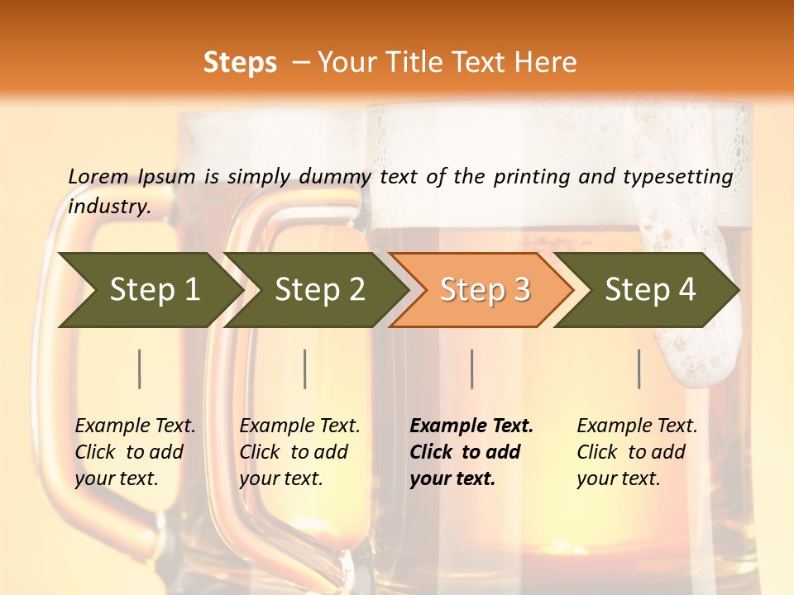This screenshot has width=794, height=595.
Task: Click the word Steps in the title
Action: [x=240, y=63]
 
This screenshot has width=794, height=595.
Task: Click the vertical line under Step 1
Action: [x=140, y=369]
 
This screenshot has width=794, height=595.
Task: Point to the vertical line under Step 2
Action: [x=305, y=369]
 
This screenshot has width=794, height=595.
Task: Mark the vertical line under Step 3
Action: [x=472, y=369]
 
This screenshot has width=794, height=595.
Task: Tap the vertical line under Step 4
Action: [x=639, y=369]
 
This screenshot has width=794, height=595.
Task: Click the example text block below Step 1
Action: [x=134, y=452]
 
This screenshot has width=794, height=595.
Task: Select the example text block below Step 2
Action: [x=299, y=452]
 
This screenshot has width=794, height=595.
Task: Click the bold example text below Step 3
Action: [x=471, y=452]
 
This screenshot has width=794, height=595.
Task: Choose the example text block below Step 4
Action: [x=636, y=452]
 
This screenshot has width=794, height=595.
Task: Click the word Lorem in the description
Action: [x=98, y=177]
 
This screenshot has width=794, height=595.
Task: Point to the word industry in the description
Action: [x=108, y=207]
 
